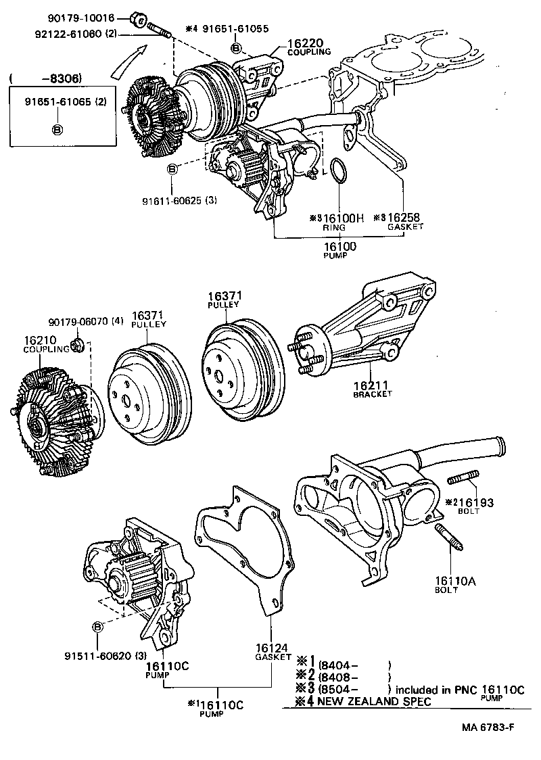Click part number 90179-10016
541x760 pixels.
[x=91, y=18]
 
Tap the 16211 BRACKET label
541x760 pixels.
[x=372, y=389]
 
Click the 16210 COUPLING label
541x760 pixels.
[x=46, y=344]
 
